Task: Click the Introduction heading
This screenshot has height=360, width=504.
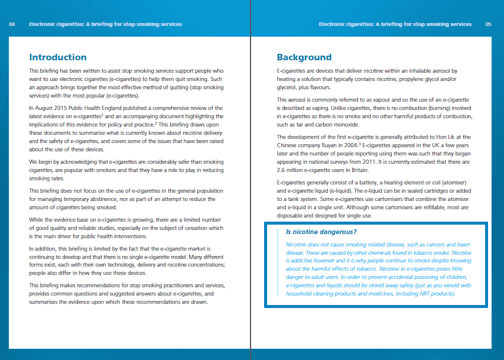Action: pos(58,57)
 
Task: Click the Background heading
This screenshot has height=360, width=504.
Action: pos(304,57)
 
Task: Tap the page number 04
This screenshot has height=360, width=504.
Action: pos(12,24)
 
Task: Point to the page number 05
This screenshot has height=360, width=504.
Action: pos(488,24)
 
